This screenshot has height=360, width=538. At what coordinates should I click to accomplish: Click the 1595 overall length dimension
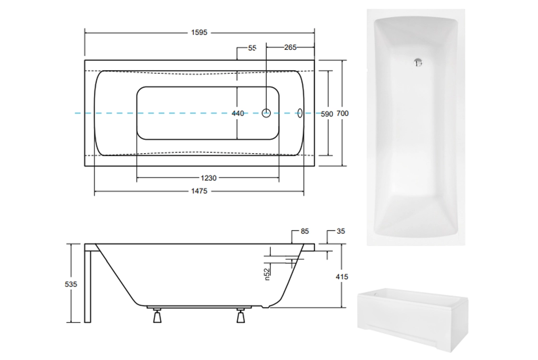199,33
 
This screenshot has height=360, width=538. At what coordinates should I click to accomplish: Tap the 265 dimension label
290,48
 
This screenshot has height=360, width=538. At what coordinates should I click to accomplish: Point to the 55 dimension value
252,48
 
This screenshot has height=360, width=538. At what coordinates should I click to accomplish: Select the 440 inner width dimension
238,113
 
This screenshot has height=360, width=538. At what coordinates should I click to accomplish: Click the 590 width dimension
327,114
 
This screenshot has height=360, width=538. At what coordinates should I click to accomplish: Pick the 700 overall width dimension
342,113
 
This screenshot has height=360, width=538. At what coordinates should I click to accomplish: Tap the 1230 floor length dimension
208,178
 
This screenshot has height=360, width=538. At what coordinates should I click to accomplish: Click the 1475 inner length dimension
199,191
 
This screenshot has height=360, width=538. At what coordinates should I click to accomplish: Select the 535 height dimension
71,284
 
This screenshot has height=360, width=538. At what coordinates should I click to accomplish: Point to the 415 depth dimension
342,276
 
